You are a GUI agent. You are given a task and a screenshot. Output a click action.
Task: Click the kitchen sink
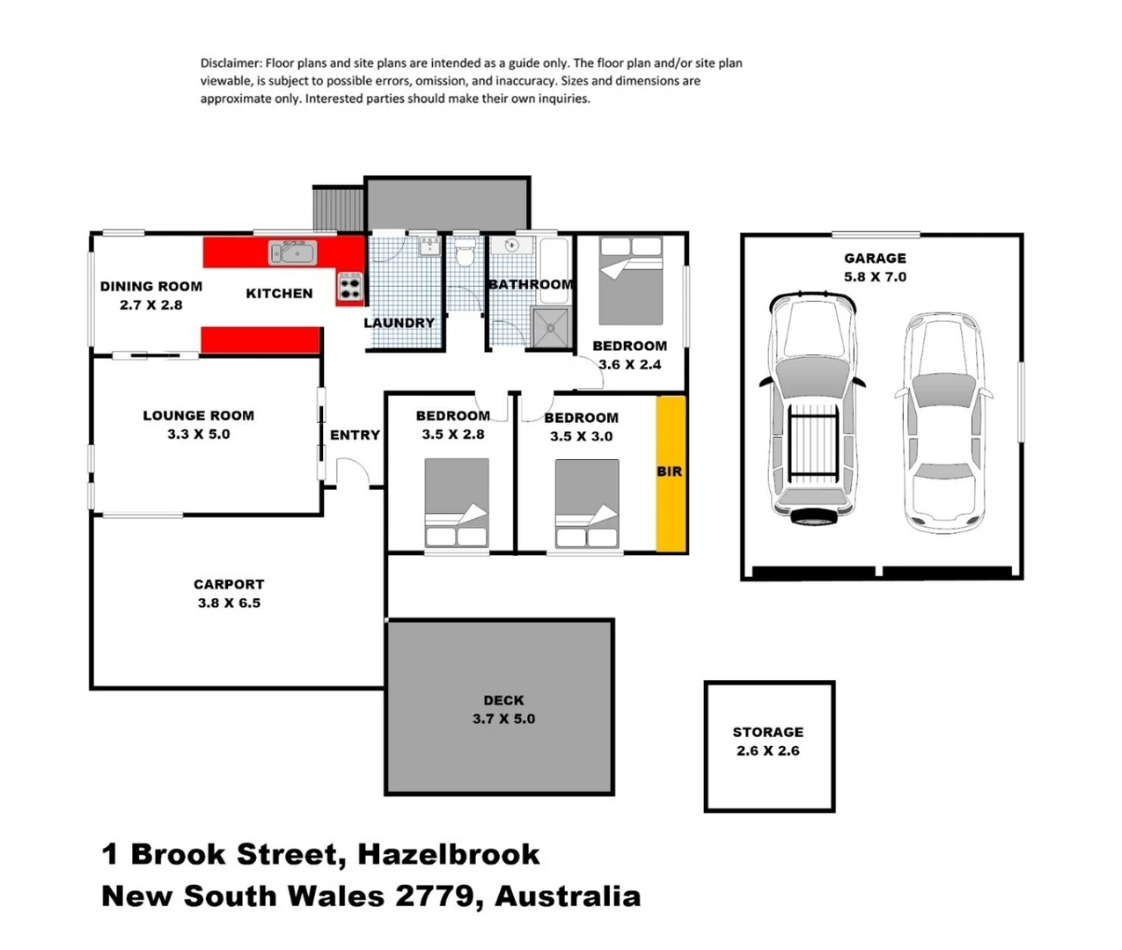292,253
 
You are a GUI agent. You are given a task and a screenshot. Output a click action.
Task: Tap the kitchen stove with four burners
349,287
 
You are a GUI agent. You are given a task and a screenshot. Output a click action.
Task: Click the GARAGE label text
875,259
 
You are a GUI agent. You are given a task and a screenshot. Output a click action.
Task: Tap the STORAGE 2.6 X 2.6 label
768,741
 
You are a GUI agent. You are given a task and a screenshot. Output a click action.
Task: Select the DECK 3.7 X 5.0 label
503,709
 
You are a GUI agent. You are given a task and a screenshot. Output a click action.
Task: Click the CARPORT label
229,585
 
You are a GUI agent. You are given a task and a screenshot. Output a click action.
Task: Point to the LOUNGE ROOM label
198,416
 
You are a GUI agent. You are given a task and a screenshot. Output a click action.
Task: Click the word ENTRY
355,435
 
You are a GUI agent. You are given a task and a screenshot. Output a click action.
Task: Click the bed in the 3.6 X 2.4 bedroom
630,281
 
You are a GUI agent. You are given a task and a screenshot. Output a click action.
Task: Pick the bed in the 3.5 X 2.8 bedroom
457,503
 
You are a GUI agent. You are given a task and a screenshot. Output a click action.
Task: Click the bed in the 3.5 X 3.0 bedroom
586,504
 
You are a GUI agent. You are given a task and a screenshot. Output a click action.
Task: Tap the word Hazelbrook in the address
449,854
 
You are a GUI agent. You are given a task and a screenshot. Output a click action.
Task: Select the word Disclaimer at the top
231,63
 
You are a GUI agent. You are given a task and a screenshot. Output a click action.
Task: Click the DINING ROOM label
150,287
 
